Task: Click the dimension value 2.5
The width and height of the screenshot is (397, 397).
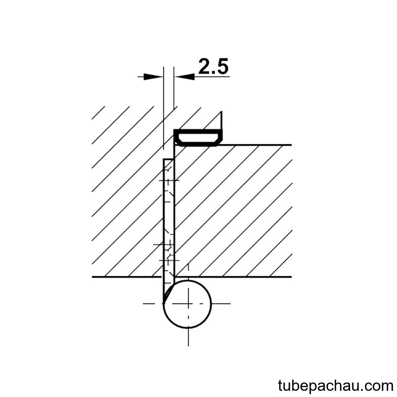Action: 213,66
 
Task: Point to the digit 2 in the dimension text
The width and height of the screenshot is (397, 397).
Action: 205,66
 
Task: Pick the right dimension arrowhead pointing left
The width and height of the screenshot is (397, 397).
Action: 184,77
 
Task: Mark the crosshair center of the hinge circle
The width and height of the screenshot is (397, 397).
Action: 188,304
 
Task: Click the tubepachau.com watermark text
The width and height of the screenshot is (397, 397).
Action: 335,386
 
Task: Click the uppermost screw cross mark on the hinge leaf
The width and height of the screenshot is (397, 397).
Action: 168,181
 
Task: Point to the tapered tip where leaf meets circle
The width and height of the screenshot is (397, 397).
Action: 164,302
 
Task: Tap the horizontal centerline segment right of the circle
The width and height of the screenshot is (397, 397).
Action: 221,304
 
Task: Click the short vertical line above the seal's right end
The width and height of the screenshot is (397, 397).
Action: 222,120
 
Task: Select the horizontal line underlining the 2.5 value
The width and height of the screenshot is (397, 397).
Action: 212,77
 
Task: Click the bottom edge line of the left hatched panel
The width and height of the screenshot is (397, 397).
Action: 127,277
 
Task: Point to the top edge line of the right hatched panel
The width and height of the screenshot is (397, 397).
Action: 254,145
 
